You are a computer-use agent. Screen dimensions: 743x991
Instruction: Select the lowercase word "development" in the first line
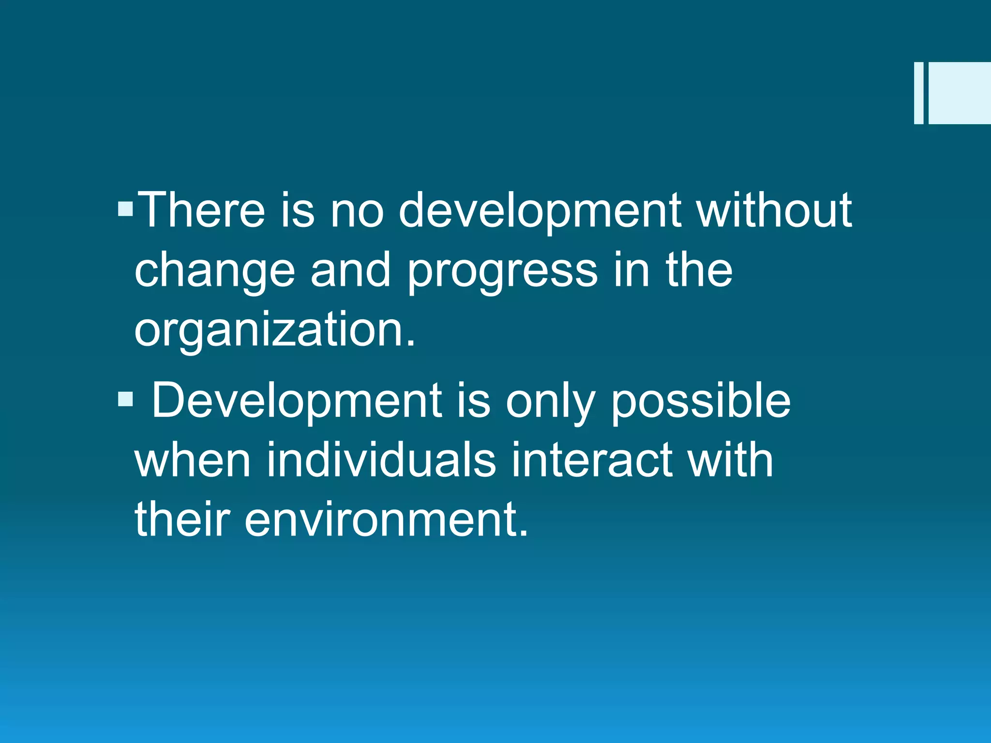(x=540, y=210)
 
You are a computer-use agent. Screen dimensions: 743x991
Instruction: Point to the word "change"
(x=214, y=271)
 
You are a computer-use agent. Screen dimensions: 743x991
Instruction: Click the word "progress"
(x=502, y=271)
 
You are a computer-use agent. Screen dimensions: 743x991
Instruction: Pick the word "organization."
(x=274, y=330)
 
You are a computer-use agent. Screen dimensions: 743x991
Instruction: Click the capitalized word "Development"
(x=296, y=401)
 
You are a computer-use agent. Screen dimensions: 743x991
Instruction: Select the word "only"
(x=550, y=402)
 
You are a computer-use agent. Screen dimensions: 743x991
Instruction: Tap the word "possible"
(x=700, y=401)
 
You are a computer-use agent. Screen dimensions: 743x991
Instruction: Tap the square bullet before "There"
(x=125, y=209)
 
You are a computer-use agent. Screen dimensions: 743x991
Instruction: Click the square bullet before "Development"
(x=125, y=399)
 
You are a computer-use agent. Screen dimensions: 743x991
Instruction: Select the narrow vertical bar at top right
(x=918, y=93)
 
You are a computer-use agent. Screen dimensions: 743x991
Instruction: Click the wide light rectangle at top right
(x=960, y=93)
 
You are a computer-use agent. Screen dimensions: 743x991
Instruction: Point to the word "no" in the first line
(x=357, y=210)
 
